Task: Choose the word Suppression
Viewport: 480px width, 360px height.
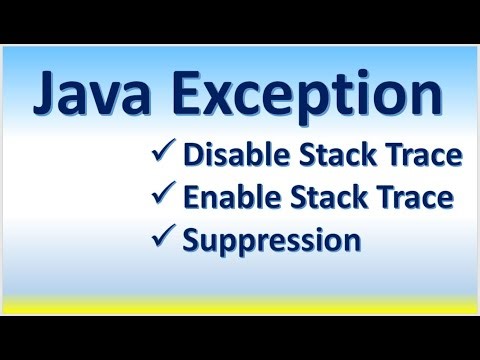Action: [x=270, y=241]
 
